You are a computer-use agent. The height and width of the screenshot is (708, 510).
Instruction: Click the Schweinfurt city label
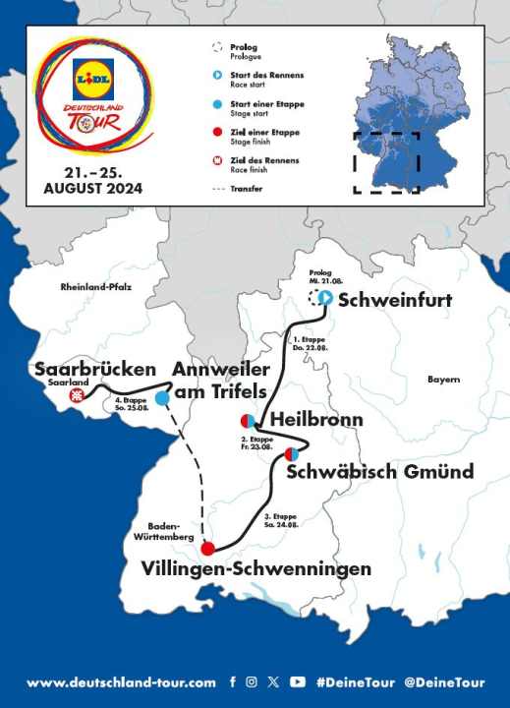coord(394,301)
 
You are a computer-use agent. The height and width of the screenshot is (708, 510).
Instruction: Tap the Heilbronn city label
coord(316,420)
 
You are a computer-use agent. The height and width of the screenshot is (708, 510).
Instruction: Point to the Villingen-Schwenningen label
coord(256,569)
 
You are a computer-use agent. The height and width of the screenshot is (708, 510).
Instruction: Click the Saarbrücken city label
coord(95,370)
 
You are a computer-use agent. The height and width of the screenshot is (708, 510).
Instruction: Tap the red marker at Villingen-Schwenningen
coord(207,549)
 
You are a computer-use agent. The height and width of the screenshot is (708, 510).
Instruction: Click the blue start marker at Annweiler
coord(163,397)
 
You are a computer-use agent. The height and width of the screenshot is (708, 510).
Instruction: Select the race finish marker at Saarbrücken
coord(75,396)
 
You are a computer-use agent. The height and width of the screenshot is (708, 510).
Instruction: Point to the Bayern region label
coord(443,379)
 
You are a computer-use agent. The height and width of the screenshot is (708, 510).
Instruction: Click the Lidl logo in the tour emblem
coord(94,72)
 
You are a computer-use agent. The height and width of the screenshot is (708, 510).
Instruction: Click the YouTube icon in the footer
coord(298,681)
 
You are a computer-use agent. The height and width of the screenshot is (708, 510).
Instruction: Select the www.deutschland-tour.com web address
coord(121,682)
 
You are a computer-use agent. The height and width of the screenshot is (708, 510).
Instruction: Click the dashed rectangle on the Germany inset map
coord(386,161)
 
